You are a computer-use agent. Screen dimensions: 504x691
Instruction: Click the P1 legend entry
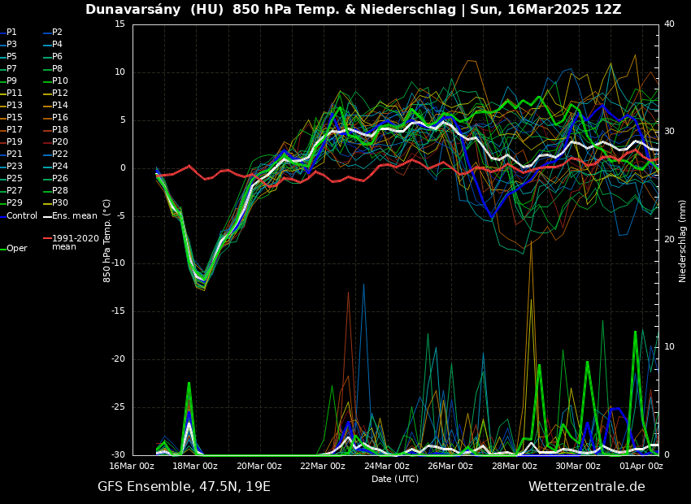tap(11, 33)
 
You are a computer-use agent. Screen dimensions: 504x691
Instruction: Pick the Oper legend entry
tap(17, 249)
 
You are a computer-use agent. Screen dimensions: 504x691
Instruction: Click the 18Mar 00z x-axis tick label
tap(195, 466)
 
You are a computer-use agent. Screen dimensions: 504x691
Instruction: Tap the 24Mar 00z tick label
tap(386, 466)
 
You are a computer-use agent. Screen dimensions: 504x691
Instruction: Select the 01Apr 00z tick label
tap(641, 466)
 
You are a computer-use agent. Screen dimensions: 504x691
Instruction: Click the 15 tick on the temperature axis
tap(120, 24)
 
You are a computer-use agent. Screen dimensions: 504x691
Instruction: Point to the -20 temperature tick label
tap(118, 359)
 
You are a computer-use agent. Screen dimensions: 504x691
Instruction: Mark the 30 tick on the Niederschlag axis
tap(668, 132)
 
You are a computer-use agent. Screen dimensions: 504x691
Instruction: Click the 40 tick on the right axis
tap(668, 24)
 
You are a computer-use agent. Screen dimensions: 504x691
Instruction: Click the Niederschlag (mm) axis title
tap(683, 241)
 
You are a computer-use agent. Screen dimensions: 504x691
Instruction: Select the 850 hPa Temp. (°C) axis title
tap(107, 241)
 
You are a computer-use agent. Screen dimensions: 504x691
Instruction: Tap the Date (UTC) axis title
tap(395, 479)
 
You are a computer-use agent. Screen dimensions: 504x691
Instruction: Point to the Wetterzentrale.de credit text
tap(586, 487)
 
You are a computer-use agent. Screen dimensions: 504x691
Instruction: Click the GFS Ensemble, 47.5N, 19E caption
tap(184, 487)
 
